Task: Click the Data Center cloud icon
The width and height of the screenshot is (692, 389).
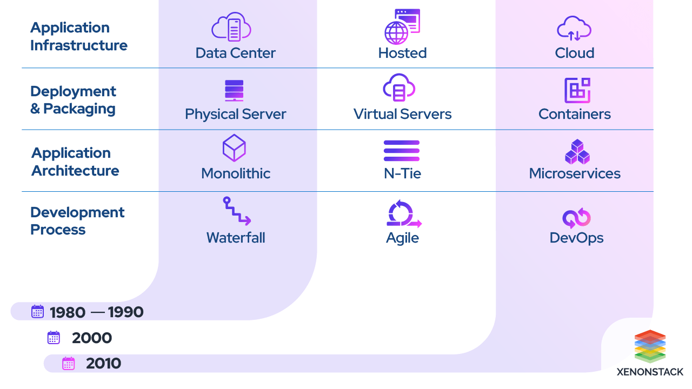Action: point(231,27)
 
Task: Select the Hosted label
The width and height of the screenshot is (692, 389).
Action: point(402,53)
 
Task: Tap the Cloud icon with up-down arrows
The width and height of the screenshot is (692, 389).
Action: point(574,29)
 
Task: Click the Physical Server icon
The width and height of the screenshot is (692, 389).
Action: point(234,91)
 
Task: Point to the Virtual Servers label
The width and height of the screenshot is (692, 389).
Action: point(402,114)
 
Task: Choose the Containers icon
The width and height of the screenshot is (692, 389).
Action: point(577,90)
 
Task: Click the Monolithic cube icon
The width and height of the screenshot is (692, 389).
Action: point(234,149)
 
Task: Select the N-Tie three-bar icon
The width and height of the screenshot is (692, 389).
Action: point(402,151)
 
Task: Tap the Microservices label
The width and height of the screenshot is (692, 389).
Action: point(575,173)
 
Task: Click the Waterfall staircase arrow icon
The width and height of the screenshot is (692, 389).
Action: point(237,211)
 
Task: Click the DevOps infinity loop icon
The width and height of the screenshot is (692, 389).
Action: point(576,218)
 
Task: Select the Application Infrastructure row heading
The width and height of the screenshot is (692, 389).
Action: point(78,36)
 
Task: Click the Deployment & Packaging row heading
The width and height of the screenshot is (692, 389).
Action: point(73,100)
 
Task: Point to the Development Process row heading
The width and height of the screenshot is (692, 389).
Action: point(77,220)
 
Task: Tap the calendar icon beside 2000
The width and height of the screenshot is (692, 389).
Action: point(54,338)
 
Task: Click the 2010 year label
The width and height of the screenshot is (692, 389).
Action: point(103,364)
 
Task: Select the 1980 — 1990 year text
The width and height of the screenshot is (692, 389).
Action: point(96,312)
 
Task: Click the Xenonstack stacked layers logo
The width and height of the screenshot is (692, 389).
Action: point(650,346)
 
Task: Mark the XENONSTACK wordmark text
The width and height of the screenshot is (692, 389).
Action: point(650,372)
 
